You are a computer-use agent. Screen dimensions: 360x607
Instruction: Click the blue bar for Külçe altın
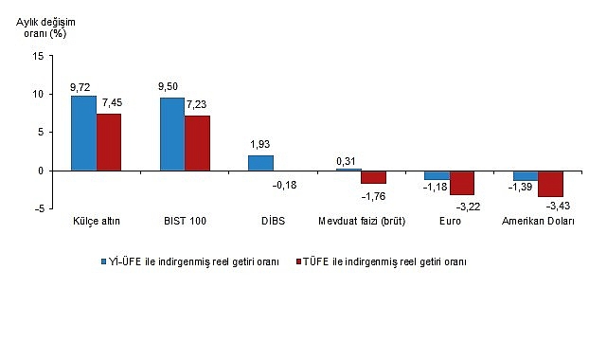coord(83,133)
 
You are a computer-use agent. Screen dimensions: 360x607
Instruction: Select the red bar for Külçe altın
coord(110,142)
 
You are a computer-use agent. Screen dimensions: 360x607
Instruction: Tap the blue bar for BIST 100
coord(172,134)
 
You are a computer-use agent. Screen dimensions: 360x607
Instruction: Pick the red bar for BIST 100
coord(198,143)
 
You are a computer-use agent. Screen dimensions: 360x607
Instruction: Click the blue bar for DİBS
coord(260,163)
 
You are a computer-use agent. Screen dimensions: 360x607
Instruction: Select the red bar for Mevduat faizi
coord(374,177)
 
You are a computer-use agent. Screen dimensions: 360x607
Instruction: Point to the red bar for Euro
coord(462,183)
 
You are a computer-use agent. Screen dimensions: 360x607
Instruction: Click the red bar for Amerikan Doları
coord(550,184)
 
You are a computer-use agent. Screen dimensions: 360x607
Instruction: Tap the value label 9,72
coord(81,86)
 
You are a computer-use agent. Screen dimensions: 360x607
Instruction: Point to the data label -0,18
coord(285,185)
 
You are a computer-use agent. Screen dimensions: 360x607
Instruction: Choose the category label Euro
coord(449,221)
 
